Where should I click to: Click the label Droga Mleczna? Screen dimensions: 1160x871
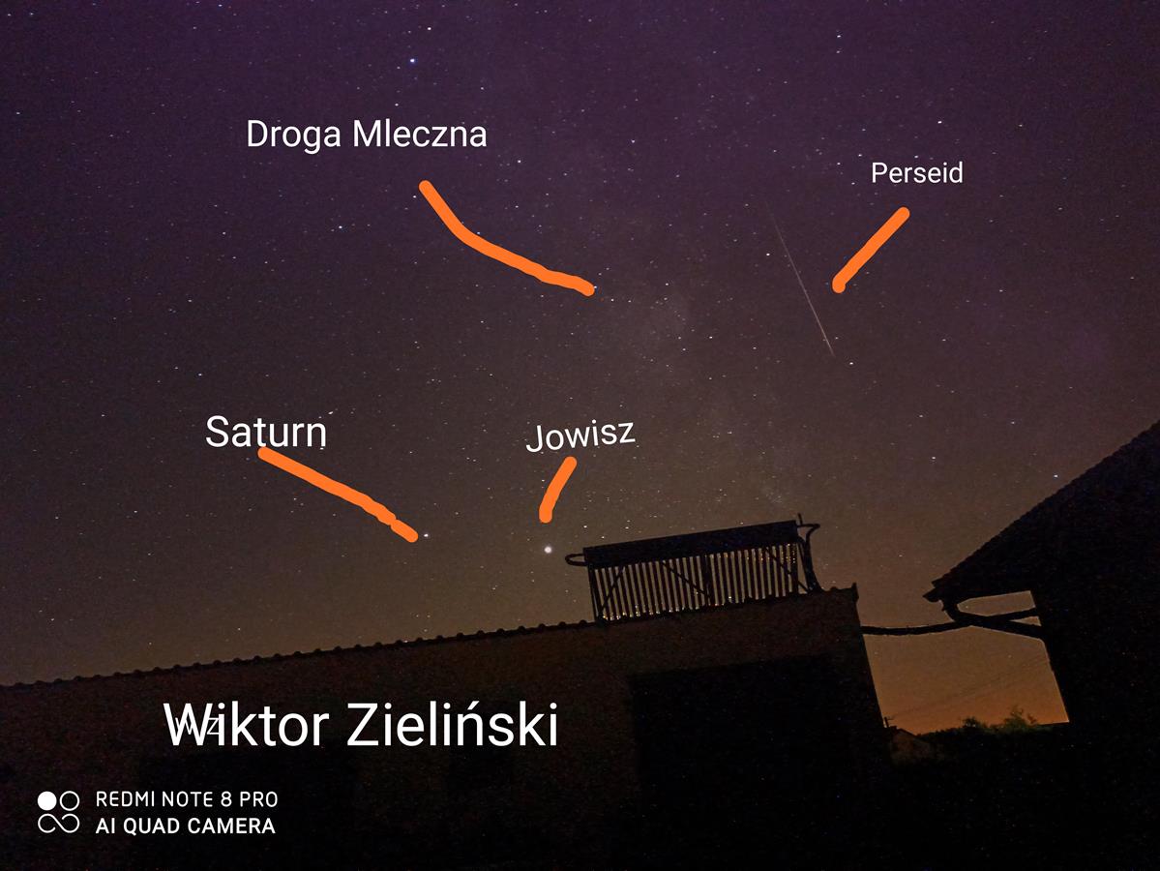[367, 135]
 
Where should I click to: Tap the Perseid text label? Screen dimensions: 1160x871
[916, 173]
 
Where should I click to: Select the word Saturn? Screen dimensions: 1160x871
[266, 432]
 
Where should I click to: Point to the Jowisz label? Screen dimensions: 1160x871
[580, 435]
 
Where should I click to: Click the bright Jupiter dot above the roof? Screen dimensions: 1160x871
[548, 549]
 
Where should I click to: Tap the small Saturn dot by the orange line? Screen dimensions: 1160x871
[426, 534]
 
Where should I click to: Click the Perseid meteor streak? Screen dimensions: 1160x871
[802, 283]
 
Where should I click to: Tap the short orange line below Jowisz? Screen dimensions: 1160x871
[557, 489]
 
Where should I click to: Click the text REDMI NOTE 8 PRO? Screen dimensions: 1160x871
[187, 799]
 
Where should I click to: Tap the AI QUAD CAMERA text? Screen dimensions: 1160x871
[185, 826]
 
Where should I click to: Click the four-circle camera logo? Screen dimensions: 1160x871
[58, 812]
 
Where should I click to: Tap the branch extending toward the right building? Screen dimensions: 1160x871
[951, 623]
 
